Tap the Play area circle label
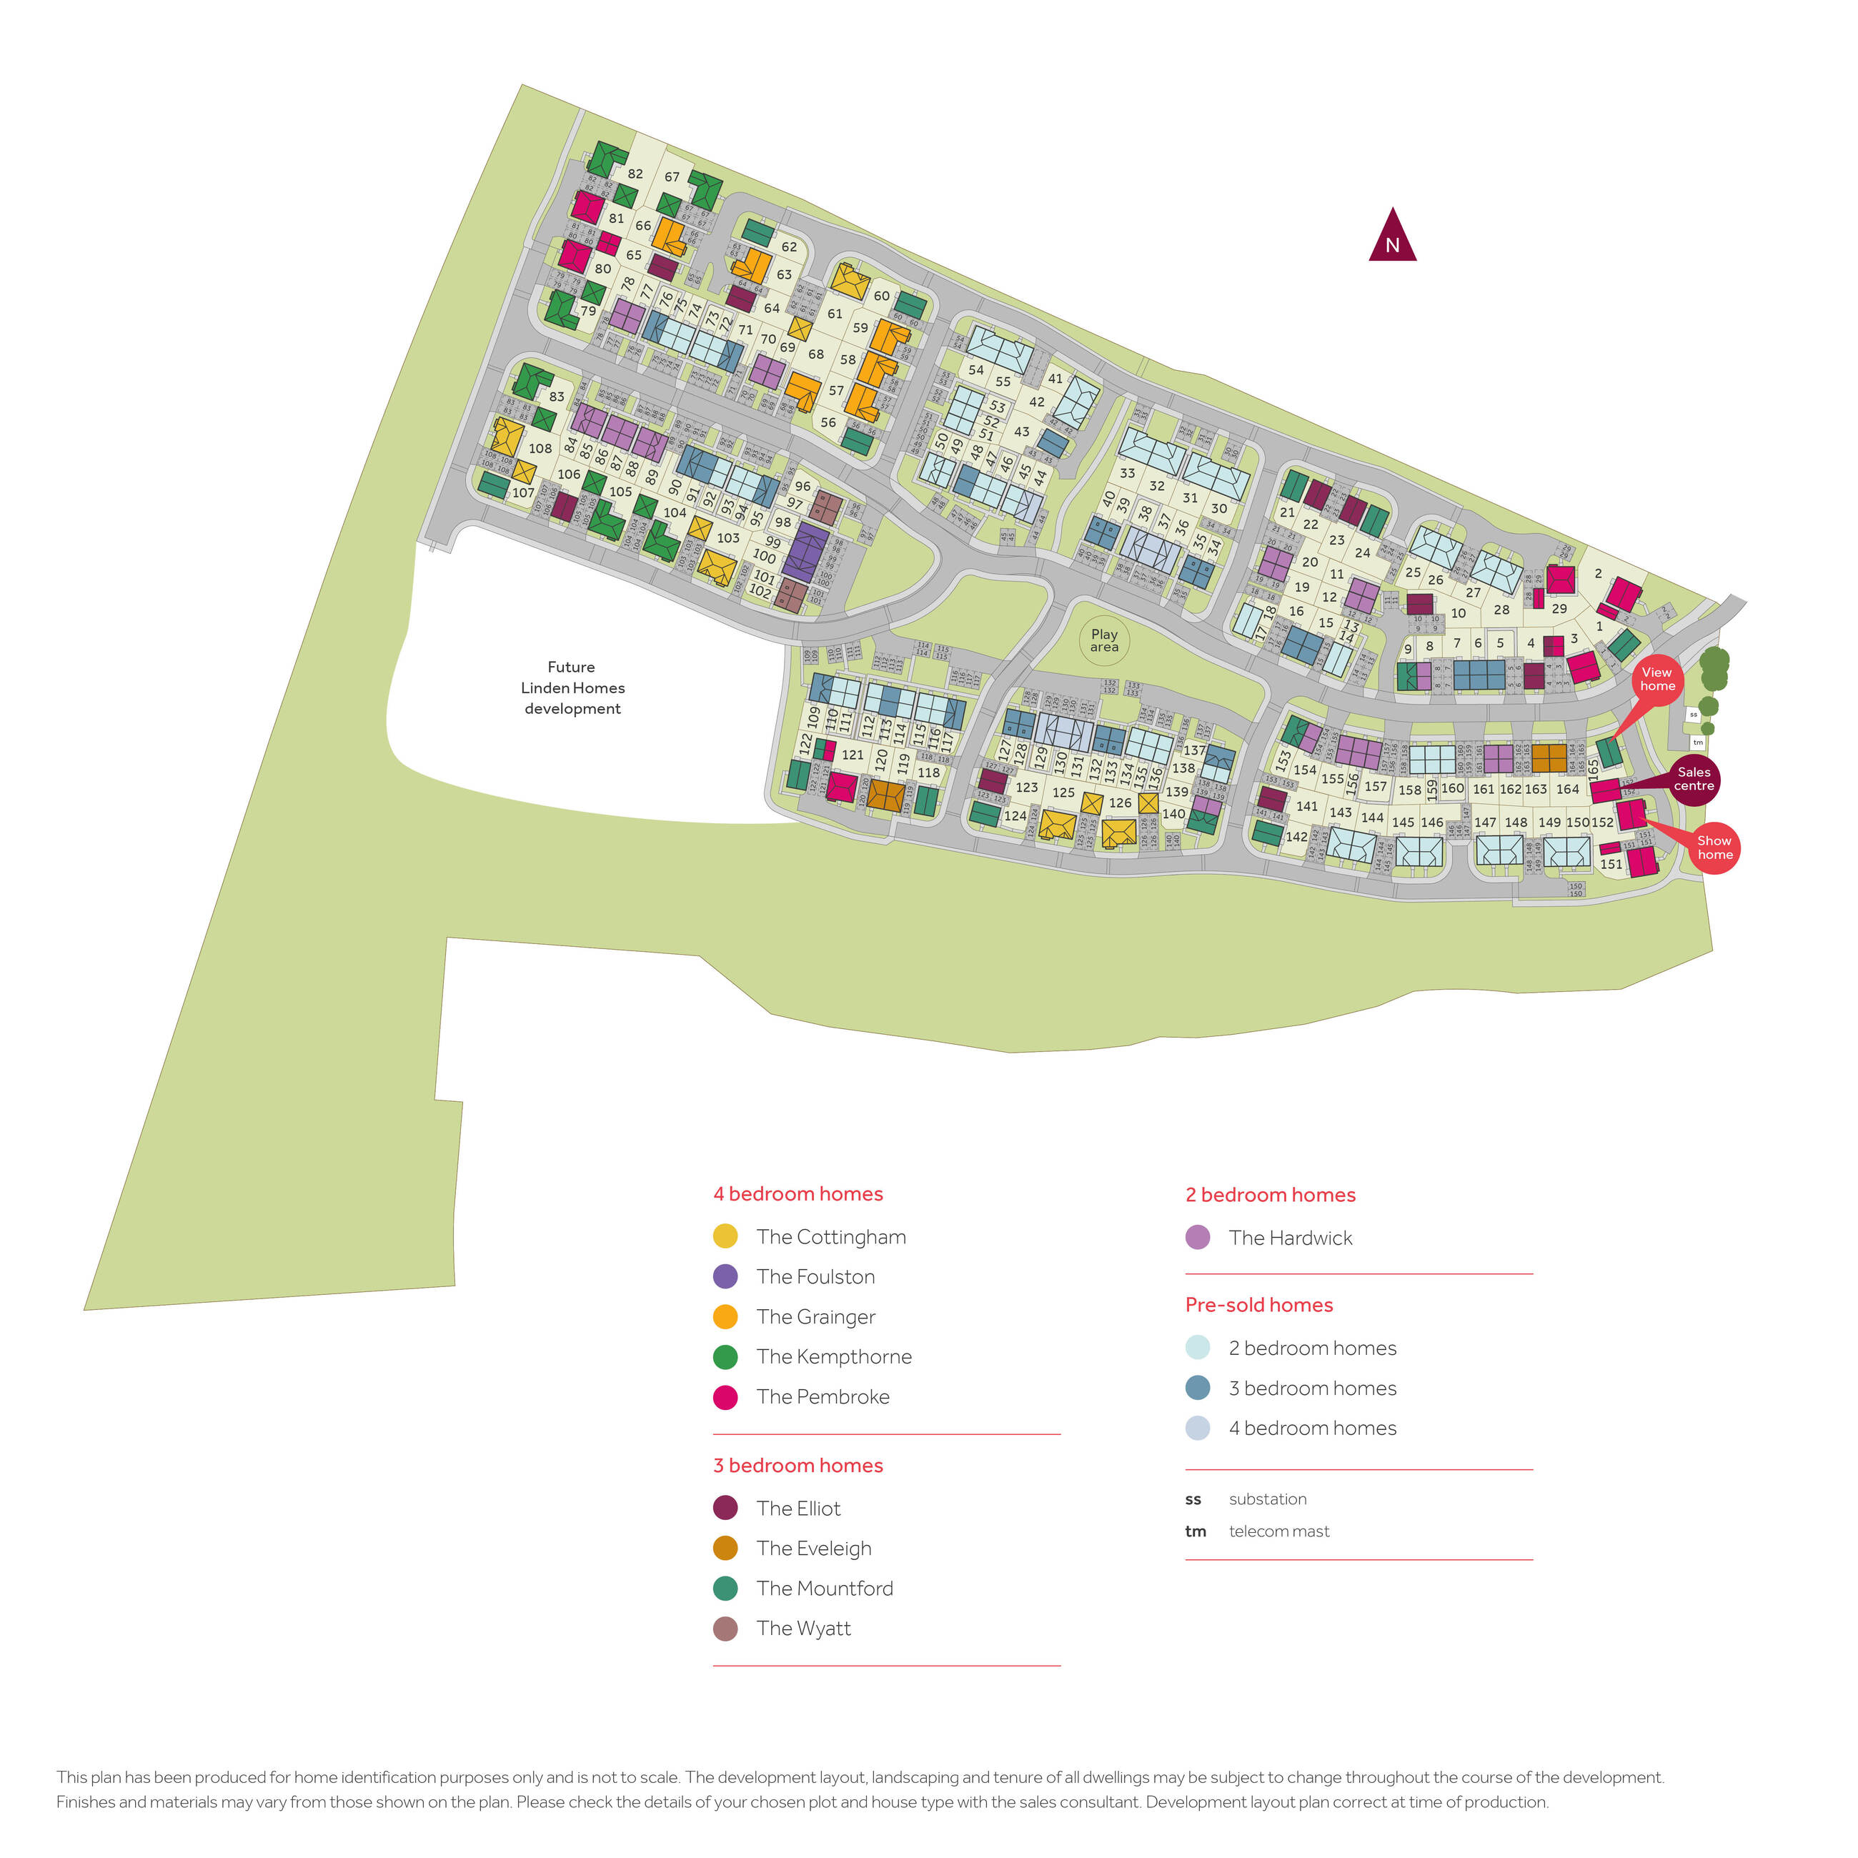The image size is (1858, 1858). click(x=1104, y=640)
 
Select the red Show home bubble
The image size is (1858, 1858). click(x=1714, y=848)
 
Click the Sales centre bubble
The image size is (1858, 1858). click(x=1694, y=779)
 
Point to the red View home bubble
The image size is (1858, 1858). click(x=1657, y=679)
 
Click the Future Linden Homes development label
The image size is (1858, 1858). click(x=572, y=687)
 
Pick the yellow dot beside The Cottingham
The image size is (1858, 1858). click(x=725, y=1236)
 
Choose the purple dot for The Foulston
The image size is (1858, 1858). click(x=725, y=1276)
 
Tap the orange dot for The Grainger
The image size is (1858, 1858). click(x=725, y=1316)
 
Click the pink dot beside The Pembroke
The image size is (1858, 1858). click(x=725, y=1396)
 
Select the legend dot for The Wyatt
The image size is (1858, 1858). click(x=725, y=1628)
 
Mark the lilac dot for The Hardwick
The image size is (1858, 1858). click(x=1197, y=1237)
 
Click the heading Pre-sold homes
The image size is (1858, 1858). click(x=1259, y=1305)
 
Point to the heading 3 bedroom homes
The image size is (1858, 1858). click(x=798, y=1465)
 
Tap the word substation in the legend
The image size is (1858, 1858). click(x=1268, y=1499)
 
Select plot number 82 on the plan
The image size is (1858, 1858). click(x=635, y=174)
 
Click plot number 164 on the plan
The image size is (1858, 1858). click(x=1568, y=789)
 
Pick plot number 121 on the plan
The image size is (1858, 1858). click(x=852, y=755)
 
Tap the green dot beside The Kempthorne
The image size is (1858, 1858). click(x=725, y=1356)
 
